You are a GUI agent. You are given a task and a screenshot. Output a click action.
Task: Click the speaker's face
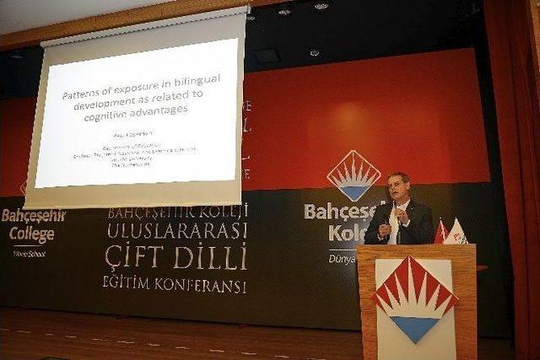398,189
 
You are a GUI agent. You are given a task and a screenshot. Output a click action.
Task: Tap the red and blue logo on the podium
414,299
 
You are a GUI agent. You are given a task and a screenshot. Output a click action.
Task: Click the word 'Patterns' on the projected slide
84,95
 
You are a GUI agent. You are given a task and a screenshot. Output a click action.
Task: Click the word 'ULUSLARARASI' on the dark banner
177,230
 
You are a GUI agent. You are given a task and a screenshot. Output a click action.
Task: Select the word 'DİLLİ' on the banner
211,255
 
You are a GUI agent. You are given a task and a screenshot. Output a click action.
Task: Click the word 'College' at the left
31,234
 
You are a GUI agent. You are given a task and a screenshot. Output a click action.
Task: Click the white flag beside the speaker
456,232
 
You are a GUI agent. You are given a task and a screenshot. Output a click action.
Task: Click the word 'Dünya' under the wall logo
342,258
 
